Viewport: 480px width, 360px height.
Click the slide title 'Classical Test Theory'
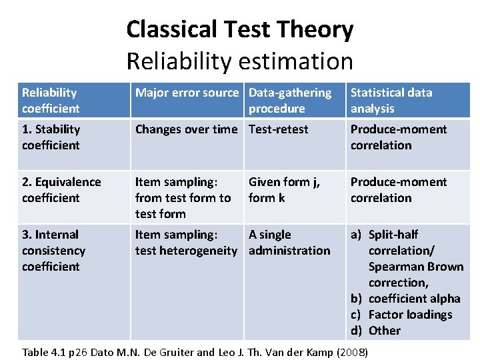point(239,30)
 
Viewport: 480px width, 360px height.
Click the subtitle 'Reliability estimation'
point(239,61)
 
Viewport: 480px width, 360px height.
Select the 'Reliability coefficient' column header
point(51,101)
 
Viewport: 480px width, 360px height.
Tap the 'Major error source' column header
point(187,93)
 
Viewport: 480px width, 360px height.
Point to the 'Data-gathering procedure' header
point(289,101)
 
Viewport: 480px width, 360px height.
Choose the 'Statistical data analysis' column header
point(391,101)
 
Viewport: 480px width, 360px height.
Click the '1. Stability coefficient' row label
point(51,137)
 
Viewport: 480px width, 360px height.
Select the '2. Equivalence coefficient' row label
point(61,190)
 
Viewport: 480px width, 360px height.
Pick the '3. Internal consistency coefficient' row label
point(53,251)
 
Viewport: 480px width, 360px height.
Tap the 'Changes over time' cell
point(187,129)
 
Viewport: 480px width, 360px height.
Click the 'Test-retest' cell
point(278,129)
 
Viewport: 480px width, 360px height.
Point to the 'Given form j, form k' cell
point(284,190)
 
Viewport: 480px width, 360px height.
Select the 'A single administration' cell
point(289,243)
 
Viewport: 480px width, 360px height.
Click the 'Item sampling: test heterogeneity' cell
point(185,243)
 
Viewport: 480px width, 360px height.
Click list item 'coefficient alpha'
point(414,299)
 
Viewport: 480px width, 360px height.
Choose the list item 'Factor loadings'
point(410,315)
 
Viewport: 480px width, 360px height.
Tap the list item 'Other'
point(385,331)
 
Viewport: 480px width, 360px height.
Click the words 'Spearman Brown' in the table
point(415,267)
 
